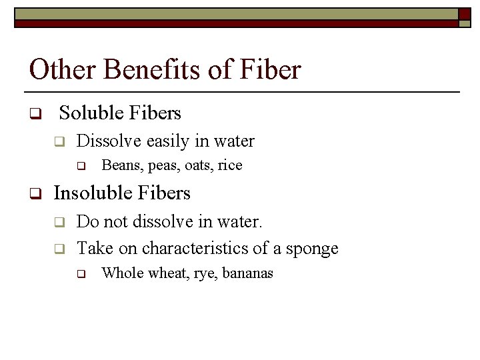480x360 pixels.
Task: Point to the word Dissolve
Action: coord(109,141)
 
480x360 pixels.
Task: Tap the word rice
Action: coord(230,165)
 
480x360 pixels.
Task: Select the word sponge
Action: coord(312,249)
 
